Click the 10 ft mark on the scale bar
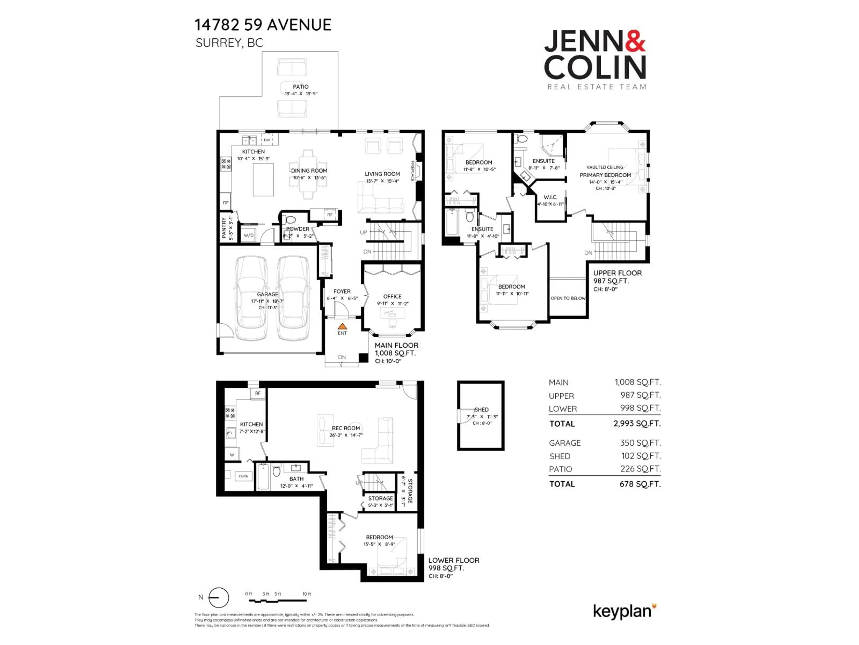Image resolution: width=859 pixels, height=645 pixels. (x=307, y=594)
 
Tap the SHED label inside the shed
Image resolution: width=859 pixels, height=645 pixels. (x=482, y=409)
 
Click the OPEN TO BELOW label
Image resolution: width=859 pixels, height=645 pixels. (x=568, y=298)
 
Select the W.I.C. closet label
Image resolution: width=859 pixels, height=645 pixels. (x=550, y=197)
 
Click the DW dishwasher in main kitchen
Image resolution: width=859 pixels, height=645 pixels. (x=267, y=140)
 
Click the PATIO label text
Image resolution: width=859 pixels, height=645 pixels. (x=301, y=87)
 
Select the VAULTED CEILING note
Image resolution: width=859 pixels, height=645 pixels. (x=605, y=167)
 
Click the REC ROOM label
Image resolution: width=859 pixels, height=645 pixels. (x=346, y=428)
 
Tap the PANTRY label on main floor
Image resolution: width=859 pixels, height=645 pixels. (x=224, y=228)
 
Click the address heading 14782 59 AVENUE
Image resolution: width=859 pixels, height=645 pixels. (x=263, y=25)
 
